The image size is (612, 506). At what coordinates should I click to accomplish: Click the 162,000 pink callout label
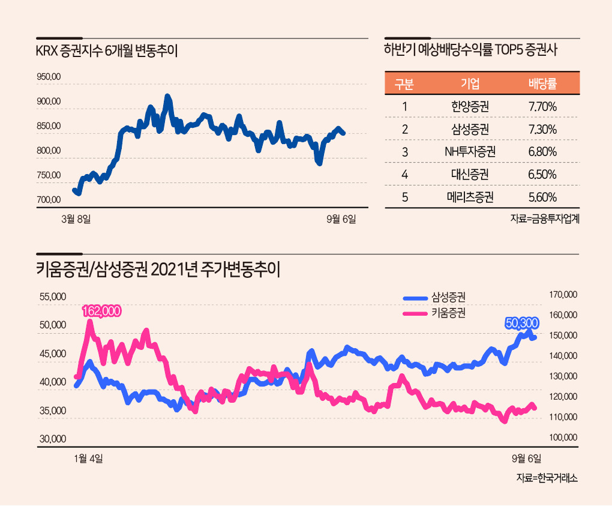(x=102, y=311)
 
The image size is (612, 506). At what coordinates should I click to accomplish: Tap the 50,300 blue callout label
(x=521, y=323)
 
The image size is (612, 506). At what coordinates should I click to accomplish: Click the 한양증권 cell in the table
(x=470, y=107)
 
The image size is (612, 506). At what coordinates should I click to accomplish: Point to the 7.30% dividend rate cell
(x=542, y=130)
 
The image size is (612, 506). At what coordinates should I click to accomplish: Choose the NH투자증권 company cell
(x=470, y=152)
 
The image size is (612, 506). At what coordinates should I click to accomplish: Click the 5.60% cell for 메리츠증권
(x=542, y=197)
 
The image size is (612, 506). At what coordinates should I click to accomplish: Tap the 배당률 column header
(x=542, y=84)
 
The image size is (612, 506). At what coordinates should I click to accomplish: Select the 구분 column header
(x=404, y=84)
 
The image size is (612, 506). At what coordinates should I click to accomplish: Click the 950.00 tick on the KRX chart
(x=49, y=77)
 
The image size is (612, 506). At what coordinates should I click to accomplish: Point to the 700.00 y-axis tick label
(x=49, y=200)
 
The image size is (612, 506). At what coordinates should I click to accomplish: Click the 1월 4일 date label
(x=88, y=459)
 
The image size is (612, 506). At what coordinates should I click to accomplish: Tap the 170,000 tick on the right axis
(x=562, y=295)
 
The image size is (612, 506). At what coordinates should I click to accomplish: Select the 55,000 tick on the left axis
(x=53, y=297)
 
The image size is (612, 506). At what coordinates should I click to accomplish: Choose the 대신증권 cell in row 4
(x=470, y=175)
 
